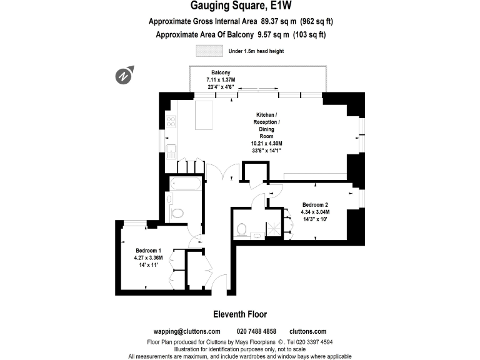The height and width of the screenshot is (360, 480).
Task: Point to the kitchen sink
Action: point(170,151)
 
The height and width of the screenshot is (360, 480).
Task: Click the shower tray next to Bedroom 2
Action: point(274,229)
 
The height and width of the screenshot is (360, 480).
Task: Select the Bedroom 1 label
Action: point(148,250)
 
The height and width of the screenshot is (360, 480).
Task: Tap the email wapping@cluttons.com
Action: point(187,331)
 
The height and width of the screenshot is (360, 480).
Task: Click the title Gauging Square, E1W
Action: point(240,7)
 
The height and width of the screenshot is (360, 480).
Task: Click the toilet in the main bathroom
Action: point(177,212)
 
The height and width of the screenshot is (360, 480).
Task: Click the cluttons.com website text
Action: point(307,331)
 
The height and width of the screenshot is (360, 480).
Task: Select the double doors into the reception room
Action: point(222,169)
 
